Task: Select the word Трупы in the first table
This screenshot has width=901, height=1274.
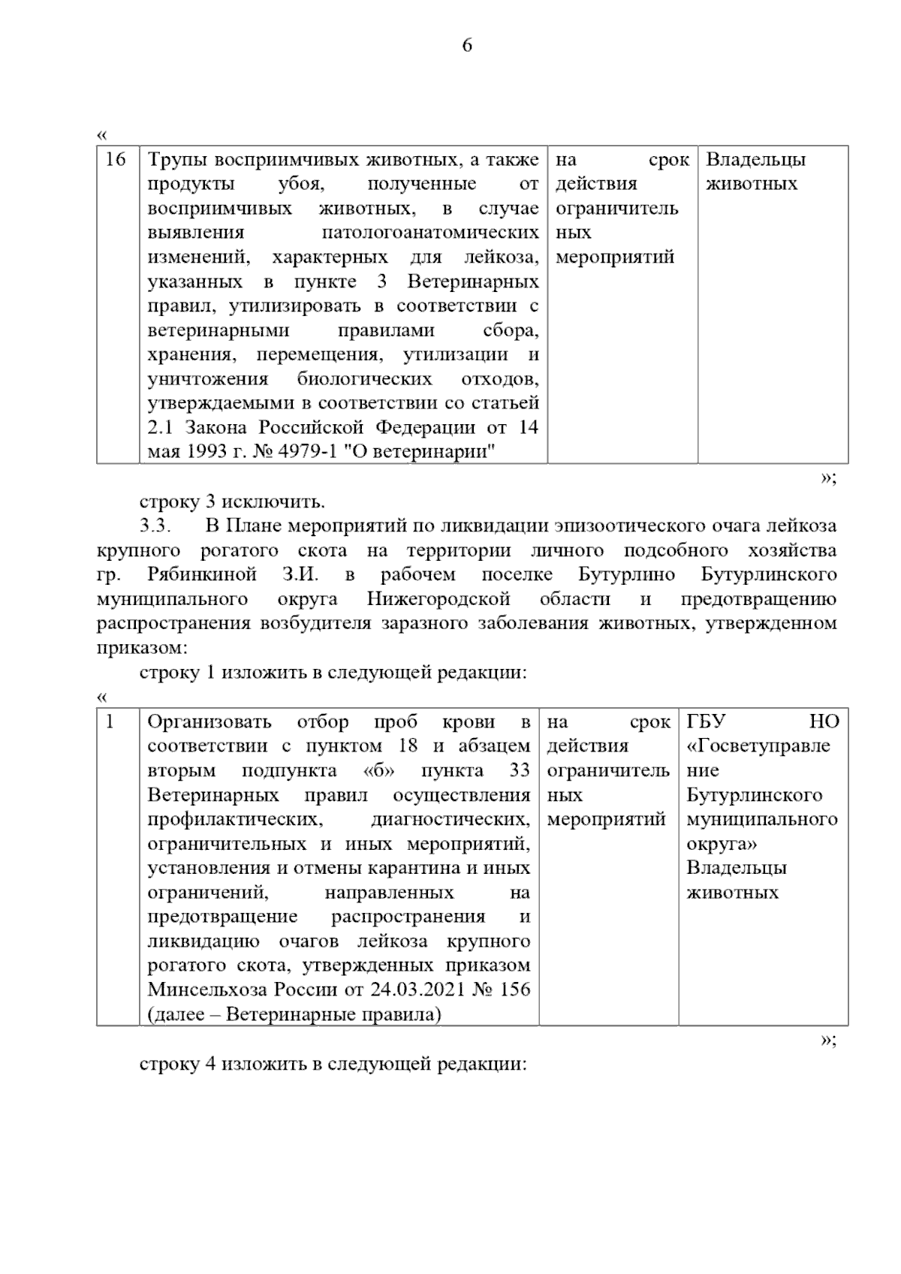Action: point(177,160)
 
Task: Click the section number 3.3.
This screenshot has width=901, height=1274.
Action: point(160,526)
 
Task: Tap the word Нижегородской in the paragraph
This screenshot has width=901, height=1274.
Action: point(438,599)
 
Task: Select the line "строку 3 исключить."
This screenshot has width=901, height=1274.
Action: point(232,501)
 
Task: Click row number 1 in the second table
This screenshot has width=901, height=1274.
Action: point(110,722)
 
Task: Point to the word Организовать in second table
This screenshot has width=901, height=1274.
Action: point(209,722)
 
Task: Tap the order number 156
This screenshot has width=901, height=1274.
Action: point(514,989)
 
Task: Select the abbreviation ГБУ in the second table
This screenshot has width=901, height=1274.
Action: point(706,722)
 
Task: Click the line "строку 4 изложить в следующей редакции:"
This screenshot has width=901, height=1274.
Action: point(333,1064)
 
